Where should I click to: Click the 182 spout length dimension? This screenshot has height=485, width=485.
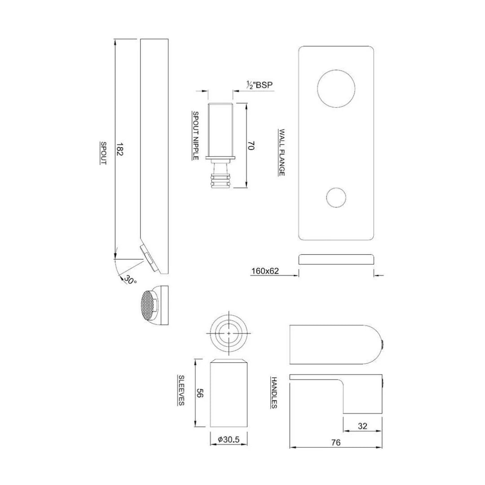[x=120, y=149]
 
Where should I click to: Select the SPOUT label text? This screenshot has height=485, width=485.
[x=103, y=153]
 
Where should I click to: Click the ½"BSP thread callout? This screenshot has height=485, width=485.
[x=260, y=84]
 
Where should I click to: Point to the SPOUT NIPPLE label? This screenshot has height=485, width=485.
[x=196, y=135]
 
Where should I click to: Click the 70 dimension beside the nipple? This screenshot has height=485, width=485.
[x=252, y=145]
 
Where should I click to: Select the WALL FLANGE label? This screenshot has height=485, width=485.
[x=282, y=152]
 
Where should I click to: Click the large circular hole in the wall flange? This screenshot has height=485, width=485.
[x=336, y=89]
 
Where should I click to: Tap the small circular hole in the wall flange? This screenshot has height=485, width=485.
[x=336, y=197]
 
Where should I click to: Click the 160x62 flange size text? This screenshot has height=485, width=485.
[x=265, y=271]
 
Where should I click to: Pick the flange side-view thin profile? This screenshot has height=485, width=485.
[x=336, y=259]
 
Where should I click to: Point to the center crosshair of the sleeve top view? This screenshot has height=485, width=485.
[x=229, y=334]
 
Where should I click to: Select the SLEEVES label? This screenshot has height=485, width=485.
[x=181, y=390]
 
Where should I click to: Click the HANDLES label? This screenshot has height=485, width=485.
[x=273, y=392]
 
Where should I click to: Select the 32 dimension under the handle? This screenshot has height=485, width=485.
[x=363, y=426]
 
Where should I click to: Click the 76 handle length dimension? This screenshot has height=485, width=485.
[x=335, y=442]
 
